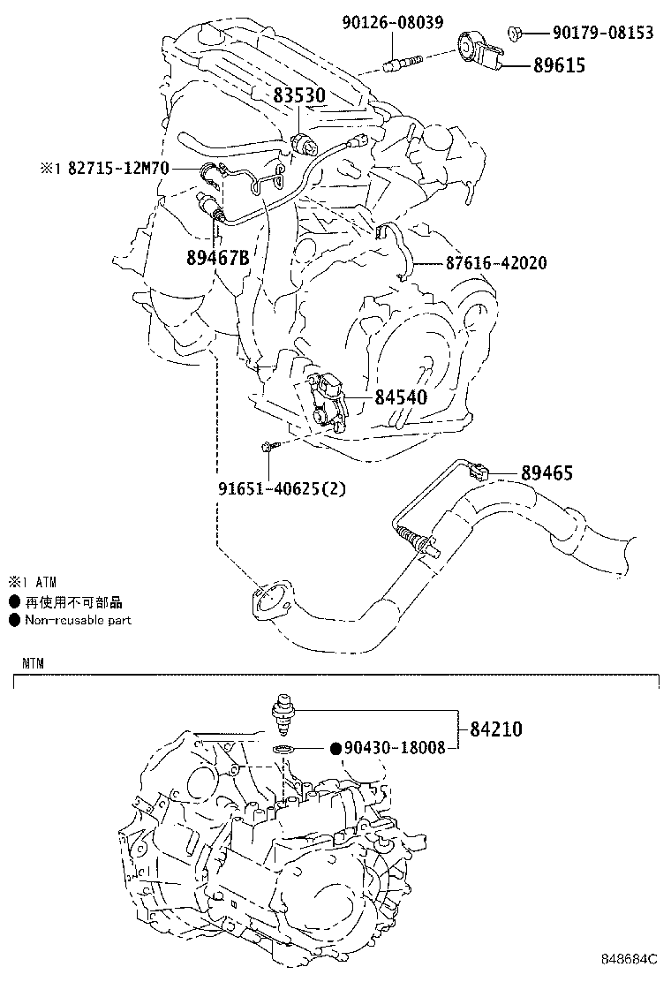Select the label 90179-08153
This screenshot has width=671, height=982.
click(603, 34)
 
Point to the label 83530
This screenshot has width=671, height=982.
click(299, 95)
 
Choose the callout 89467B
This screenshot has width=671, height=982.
click(217, 257)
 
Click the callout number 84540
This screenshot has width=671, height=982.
click(401, 397)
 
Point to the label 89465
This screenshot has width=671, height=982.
click(547, 473)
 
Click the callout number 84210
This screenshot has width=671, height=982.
click(495, 729)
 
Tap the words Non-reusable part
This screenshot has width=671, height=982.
click(78, 620)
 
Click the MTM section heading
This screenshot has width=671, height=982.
click(34, 661)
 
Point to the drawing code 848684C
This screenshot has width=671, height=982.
click(630, 958)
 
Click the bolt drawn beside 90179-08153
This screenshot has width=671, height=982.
click(516, 34)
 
